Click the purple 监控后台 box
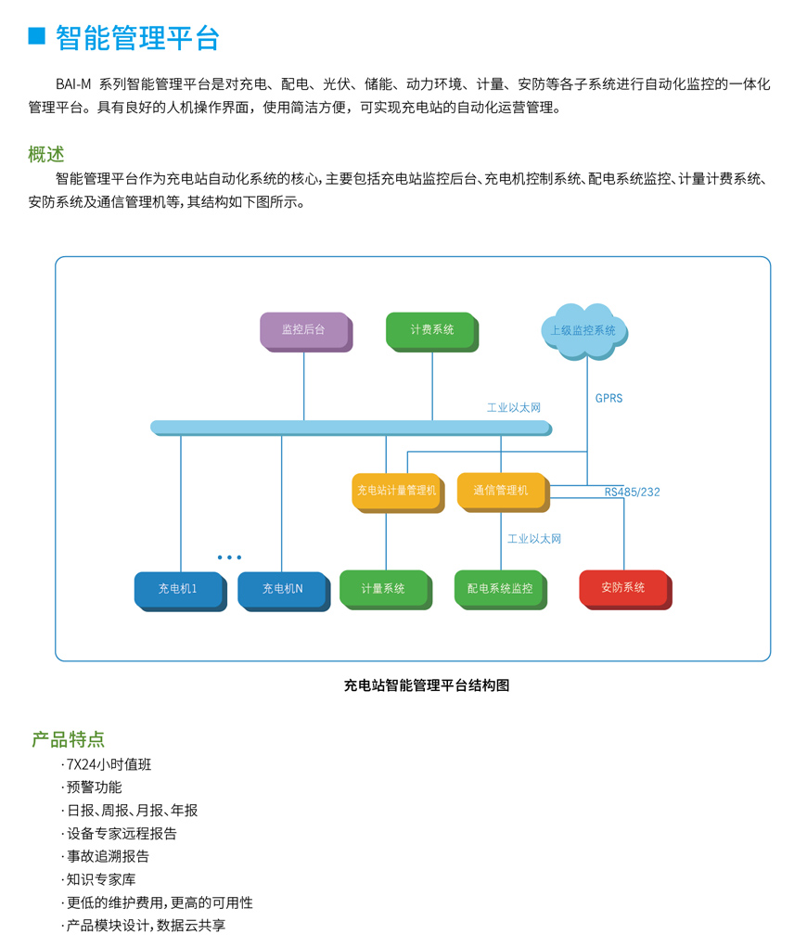point(304,330)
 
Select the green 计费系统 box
point(431,330)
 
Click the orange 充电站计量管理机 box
point(396,491)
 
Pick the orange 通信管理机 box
point(501,491)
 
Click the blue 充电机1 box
point(178,589)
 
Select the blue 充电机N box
point(282,589)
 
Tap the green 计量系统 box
point(384,589)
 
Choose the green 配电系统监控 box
point(500,589)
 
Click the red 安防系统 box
point(623,588)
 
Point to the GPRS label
point(608,399)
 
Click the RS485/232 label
point(633,493)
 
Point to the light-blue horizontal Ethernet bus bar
point(351,428)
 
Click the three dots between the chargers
point(229,557)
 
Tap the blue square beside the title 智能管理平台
point(37,36)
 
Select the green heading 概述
point(46,154)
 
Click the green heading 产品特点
point(69,739)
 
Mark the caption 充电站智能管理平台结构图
point(427,686)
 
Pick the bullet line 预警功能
point(94,787)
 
